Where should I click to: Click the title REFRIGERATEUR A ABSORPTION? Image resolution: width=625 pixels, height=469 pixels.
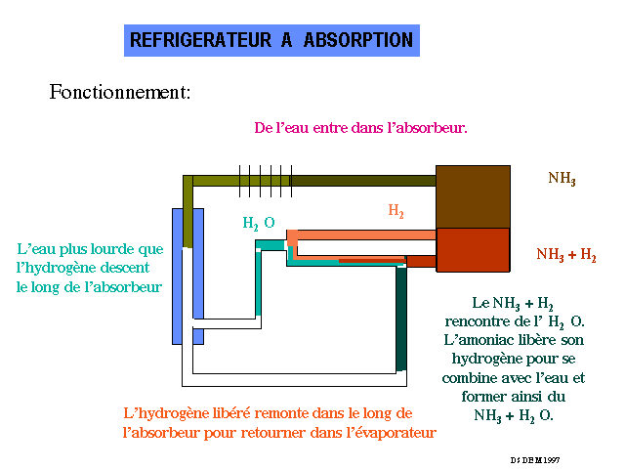(x=272, y=40)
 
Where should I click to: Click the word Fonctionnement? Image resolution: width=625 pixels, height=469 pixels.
(x=119, y=93)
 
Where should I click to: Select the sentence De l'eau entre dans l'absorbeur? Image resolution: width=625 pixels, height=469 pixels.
(x=360, y=128)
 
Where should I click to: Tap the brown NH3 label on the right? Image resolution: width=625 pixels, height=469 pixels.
(x=562, y=178)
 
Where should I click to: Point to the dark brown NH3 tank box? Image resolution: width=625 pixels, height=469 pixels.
(x=473, y=196)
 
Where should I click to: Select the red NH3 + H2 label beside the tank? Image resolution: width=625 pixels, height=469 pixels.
(x=566, y=254)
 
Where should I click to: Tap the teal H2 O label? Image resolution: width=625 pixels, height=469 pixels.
(x=259, y=223)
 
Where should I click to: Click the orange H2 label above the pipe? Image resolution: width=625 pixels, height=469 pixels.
(x=396, y=210)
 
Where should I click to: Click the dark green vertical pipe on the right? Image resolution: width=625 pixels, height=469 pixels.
(x=401, y=318)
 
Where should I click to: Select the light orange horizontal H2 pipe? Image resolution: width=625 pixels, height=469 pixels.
(x=366, y=234)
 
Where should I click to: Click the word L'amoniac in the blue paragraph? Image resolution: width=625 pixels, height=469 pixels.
(x=481, y=339)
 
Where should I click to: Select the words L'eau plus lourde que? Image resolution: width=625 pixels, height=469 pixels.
(x=90, y=249)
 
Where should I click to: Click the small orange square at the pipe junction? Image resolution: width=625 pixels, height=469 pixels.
(x=292, y=237)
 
